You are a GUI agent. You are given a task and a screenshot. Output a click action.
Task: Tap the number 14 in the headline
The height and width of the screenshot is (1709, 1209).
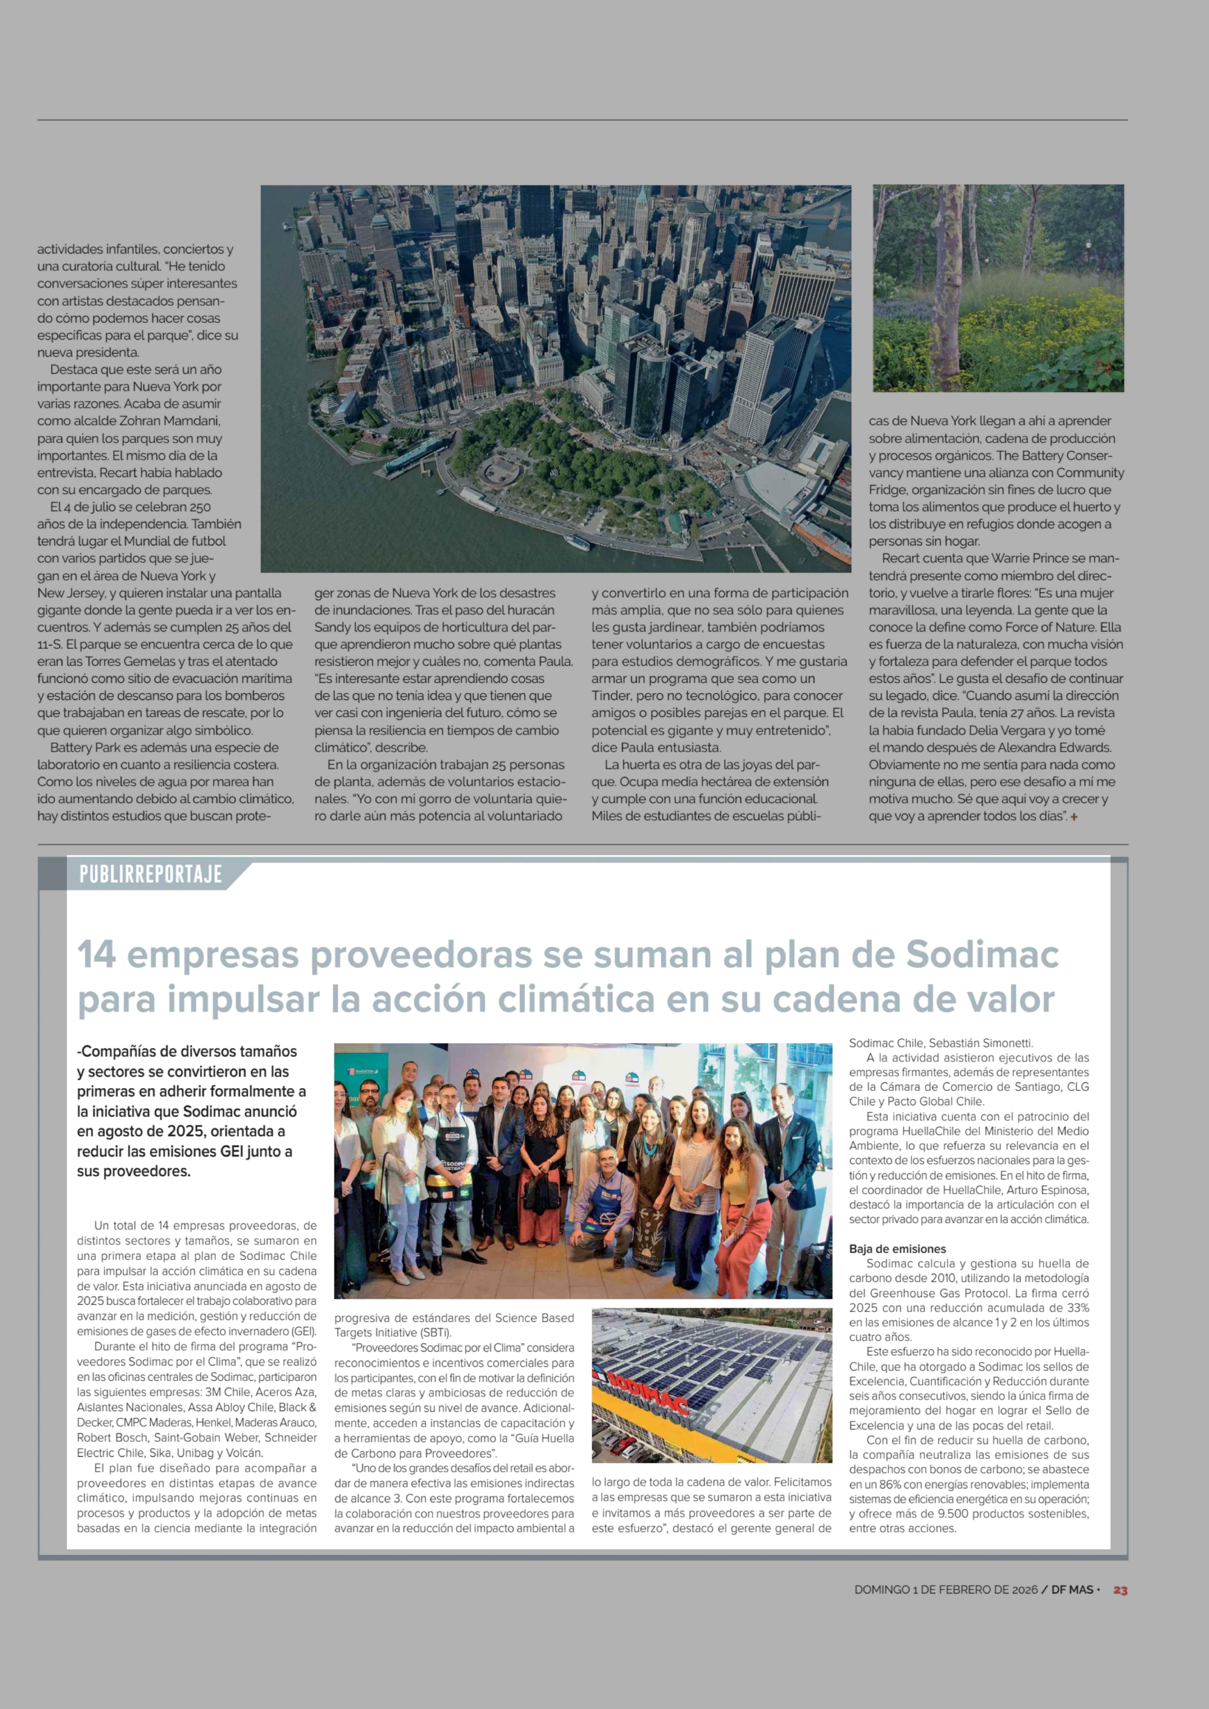point(97,955)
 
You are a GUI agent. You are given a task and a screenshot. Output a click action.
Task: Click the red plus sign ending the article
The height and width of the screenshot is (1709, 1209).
point(1074,816)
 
